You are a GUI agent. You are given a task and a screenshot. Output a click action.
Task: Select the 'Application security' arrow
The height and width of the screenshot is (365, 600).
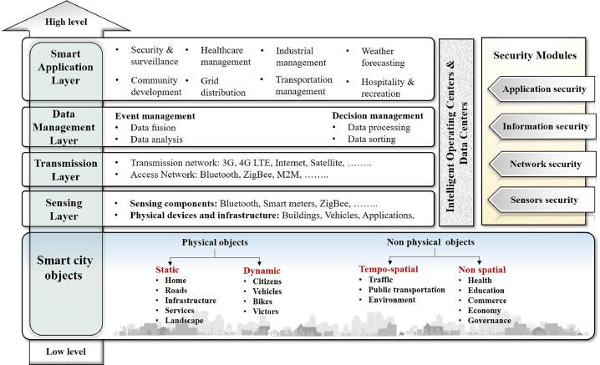(542, 89)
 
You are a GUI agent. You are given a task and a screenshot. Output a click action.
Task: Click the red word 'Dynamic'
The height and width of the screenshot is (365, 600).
(262, 270)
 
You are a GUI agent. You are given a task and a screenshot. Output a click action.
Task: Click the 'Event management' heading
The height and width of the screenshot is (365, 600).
(155, 116)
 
